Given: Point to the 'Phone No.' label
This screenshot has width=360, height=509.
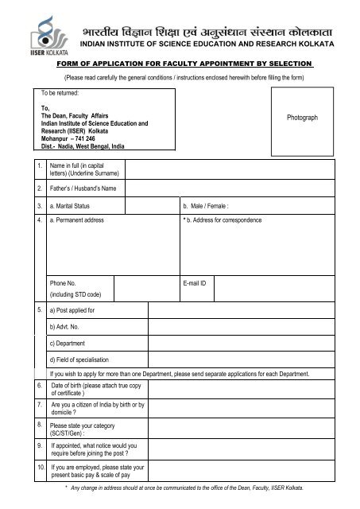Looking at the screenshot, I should pyautogui.click(x=63, y=282).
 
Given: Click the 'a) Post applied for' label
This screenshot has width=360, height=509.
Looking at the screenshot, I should pyautogui.click(x=72, y=309).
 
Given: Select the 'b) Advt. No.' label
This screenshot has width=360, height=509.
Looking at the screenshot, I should pyautogui.click(x=65, y=326).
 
